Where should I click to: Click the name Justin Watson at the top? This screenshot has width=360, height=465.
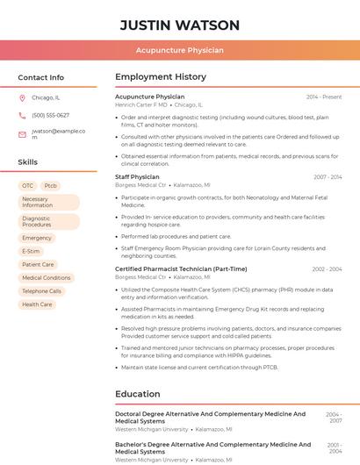tap(179, 25)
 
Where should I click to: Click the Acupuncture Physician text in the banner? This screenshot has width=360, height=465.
tap(179, 51)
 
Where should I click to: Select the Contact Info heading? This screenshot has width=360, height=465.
tap(41, 77)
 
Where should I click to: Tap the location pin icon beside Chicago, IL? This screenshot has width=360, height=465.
tap(22, 98)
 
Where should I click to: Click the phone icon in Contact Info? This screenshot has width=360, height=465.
tap(22, 115)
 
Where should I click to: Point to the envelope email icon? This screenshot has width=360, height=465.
tap(22, 134)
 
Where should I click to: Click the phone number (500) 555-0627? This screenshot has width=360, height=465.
tap(50, 115)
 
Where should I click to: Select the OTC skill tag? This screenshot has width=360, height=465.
tap(28, 186)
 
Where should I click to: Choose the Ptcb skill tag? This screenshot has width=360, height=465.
tap(51, 186)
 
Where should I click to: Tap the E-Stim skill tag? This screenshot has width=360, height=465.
tap(31, 251)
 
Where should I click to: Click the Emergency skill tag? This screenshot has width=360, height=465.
tap(37, 238)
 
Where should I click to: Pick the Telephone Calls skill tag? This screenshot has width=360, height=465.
tap(42, 290)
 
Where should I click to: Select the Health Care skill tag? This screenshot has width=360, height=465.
tap(37, 304)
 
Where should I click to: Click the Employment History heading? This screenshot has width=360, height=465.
tap(161, 77)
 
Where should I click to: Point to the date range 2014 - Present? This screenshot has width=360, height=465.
tap(324, 97)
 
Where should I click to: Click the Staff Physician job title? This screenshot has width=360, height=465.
tap(137, 177)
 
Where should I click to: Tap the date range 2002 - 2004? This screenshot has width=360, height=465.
tap(327, 269)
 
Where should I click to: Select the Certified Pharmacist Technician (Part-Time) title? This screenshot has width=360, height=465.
tap(181, 269)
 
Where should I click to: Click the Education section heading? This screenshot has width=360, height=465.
tap(138, 395)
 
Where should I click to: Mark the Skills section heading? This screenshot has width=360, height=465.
tap(28, 162)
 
